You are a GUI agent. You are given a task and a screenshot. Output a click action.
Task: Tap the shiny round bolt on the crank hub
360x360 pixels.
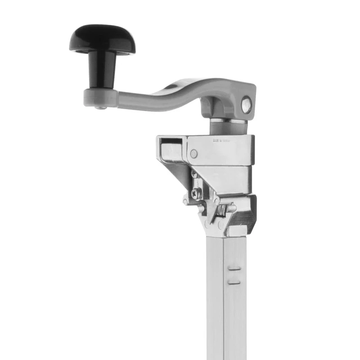[x=246, y=105]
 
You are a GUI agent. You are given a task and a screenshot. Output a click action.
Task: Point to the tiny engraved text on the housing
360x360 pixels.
[x=221, y=140]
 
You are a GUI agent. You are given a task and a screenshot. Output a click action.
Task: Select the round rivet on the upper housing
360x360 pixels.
[x=193, y=153]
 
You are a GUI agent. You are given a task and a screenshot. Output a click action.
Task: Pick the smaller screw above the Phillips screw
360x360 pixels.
[x=194, y=173]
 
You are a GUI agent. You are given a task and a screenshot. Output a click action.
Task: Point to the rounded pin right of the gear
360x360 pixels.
[x=231, y=208]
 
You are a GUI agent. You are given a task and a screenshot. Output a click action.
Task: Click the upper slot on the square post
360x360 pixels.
[x=234, y=268]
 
